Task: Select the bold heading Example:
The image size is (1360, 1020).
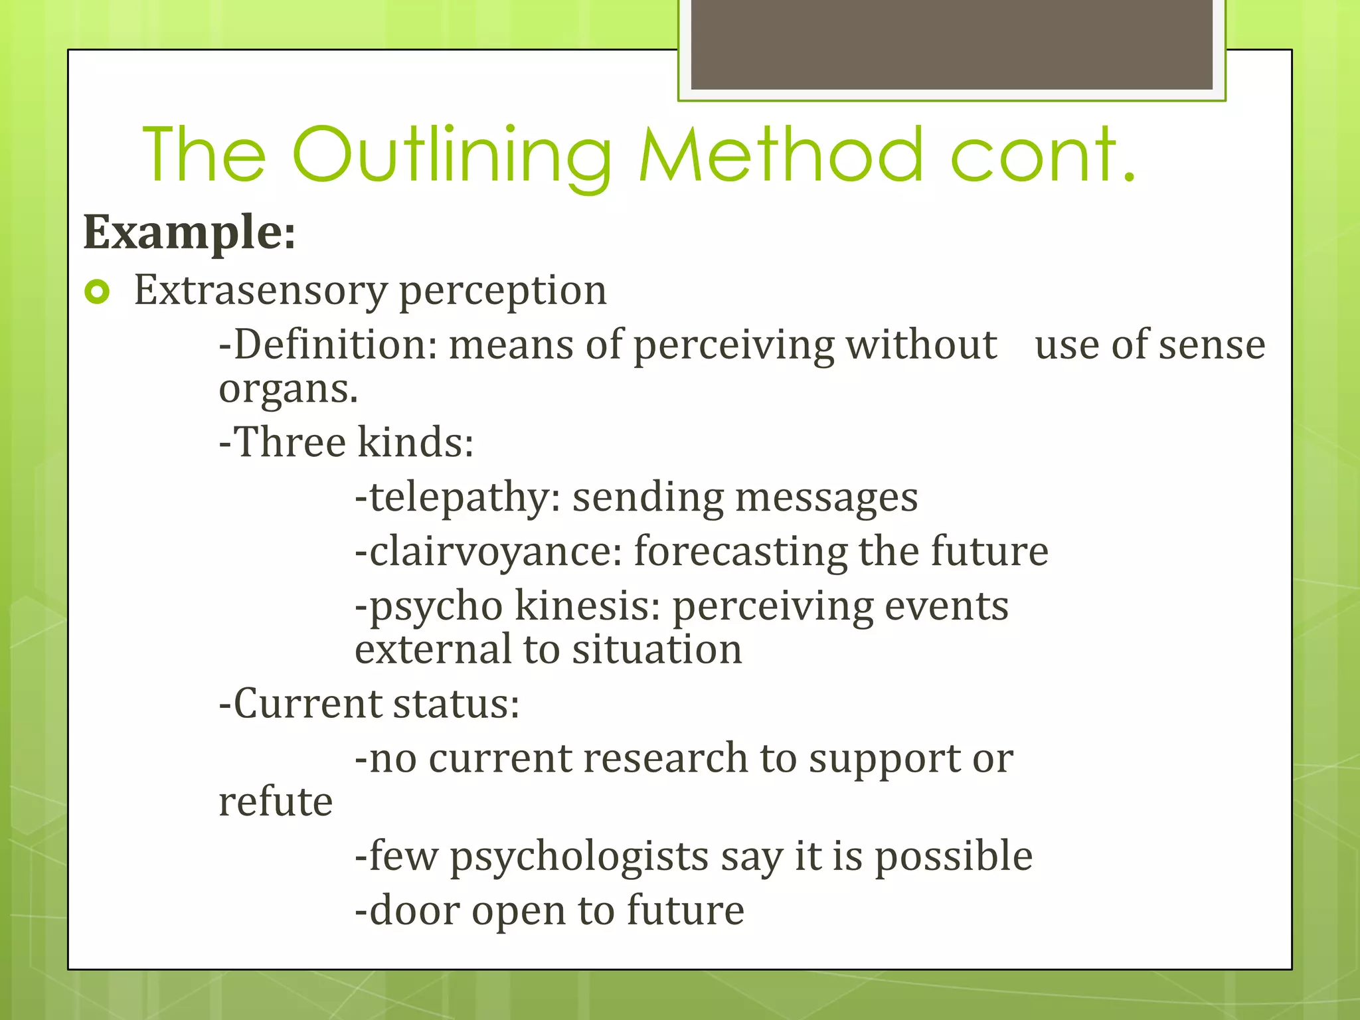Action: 189,232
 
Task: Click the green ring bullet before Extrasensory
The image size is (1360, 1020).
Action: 97,292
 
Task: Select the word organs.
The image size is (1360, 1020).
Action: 288,388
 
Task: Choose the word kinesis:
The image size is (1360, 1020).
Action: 587,606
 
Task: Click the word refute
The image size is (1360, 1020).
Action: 276,802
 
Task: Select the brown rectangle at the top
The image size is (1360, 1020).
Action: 951,44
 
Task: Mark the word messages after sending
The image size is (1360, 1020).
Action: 826,498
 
